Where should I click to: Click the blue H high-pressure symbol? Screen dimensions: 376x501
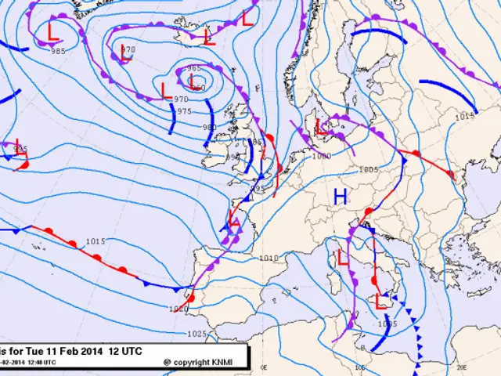(x=340, y=197)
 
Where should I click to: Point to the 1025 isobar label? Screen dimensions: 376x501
(x=197, y=334)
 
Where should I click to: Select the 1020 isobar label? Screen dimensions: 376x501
(x=179, y=309)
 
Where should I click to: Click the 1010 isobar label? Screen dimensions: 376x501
(x=269, y=258)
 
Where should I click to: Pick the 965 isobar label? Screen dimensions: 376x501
(x=194, y=68)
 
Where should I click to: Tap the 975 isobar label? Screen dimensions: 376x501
(x=185, y=111)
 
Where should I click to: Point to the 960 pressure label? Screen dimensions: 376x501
(x=199, y=88)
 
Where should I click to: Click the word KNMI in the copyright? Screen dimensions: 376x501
(x=234, y=362)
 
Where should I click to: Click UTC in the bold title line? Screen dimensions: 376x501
(x=130, y=352)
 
